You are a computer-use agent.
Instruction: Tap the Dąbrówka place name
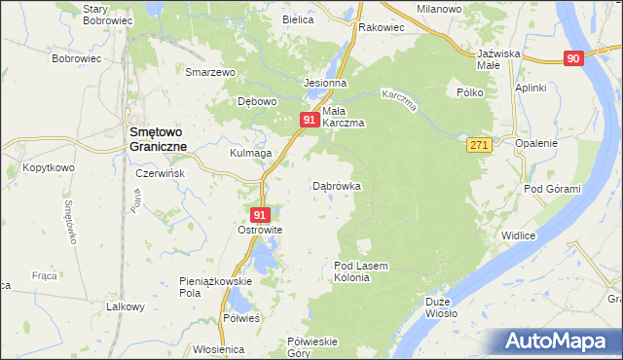click(x=337, y=185)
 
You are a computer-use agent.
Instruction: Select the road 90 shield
click(x=572, y=58)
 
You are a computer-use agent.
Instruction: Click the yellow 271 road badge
click(x=476, y=144)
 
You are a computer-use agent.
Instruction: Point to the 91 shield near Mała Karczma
click(x=309, y=119)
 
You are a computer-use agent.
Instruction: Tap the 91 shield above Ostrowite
click(x=259, y=214)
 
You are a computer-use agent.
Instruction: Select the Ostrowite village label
click(x=260, y=230)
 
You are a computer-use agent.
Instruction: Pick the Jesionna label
click(x=326, y=84)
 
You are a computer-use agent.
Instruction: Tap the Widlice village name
click(x=519, y=235)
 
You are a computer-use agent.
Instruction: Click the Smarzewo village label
click(x=212, y=72)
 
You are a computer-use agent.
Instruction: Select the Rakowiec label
click(x=381, y=28)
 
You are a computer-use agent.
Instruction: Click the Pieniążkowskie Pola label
click(x=216, y=286)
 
